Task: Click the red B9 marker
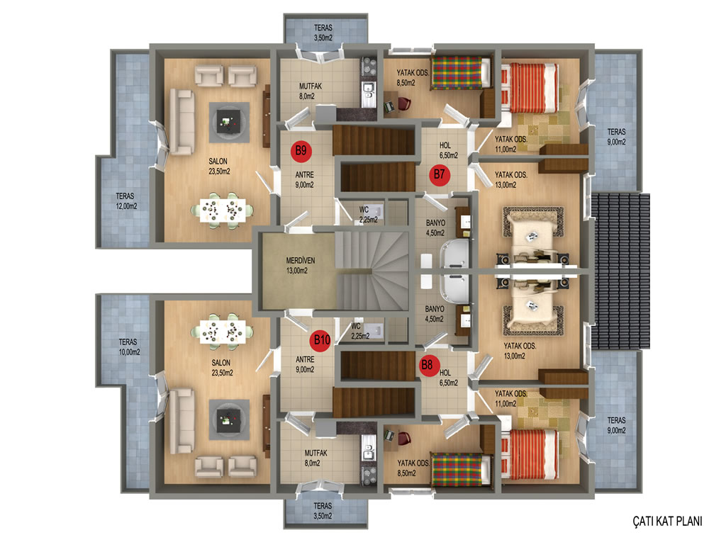tap(301, 150)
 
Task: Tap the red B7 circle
tap(439, 174)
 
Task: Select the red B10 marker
tap(321, 339)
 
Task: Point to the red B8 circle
tap(428, 365)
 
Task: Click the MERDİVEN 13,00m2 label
tap(300, 266)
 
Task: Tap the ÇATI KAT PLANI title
tap(667, 521)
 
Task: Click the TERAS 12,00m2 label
tap(126, 201)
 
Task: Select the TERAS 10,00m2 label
tap(129, 347)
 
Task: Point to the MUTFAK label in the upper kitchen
tap(311, 86)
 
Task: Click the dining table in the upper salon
tap(221, 210)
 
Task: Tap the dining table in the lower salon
tap(222, 332)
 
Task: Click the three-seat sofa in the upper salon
tap(182, 122)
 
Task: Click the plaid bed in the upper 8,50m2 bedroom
tap(461, 73)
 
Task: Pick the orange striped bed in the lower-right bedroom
tap(529, 454)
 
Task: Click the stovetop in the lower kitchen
tap(369, 475)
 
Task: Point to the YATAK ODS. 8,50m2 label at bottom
tap(413, 468)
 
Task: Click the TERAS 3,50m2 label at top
tap(323, 33)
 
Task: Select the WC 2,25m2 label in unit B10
tap(360, 331)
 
